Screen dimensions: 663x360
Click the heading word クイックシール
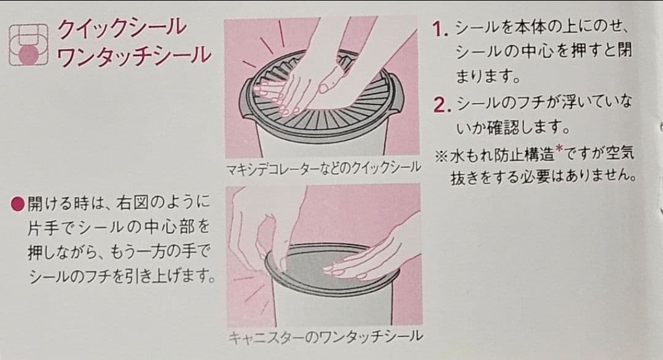click(122, 28)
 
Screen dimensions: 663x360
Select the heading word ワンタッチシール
click(133, 56)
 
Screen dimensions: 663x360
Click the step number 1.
click(440, 29)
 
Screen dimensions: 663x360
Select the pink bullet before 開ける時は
click(18, 205)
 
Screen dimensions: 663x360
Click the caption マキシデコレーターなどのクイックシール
click(323, 168)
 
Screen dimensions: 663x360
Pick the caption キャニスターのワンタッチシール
click(325, 337)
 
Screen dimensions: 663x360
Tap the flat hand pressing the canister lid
click(364, 259)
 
